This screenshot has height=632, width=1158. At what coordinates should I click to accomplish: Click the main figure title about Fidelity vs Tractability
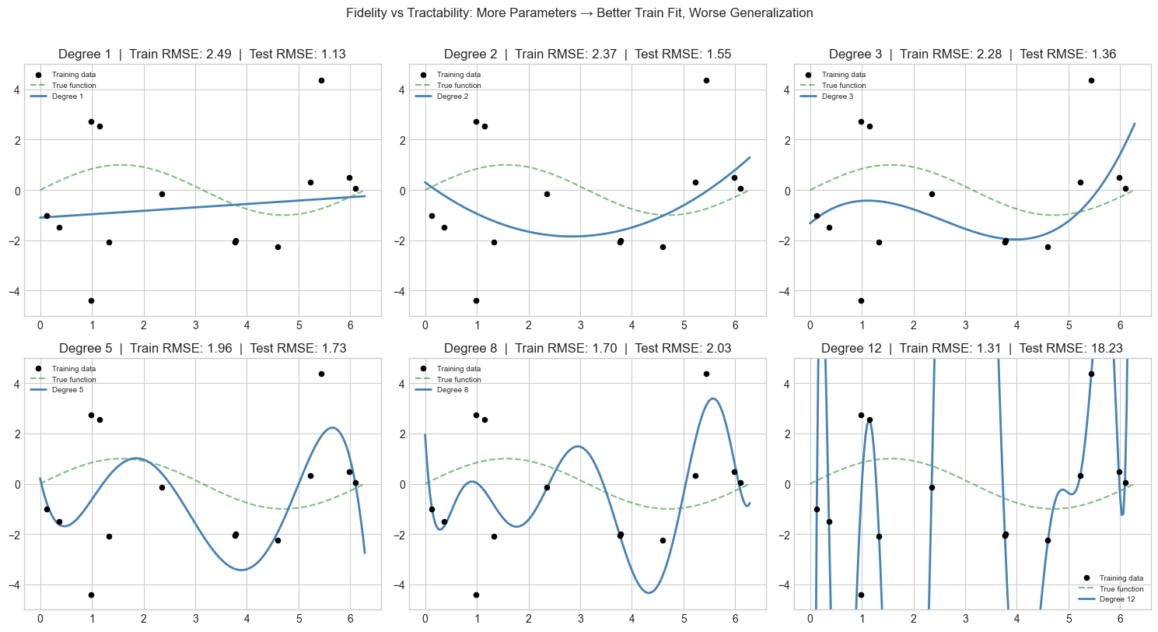pos(579,13)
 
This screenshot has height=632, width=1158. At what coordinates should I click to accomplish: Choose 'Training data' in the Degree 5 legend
pos(74,368)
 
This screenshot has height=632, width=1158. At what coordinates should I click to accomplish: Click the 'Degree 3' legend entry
pos(838,96)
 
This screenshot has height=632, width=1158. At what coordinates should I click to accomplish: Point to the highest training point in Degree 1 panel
pos(321,80)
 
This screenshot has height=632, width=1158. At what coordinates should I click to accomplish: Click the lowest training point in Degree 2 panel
pos(476,300)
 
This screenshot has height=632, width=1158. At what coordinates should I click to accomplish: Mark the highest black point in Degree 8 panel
pos(706,374)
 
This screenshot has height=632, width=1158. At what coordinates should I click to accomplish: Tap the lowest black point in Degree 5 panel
pos(91,595)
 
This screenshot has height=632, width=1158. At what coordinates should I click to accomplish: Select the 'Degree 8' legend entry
pos(454,390)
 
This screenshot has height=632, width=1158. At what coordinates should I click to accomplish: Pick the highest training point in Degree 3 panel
pos(1091,80)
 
